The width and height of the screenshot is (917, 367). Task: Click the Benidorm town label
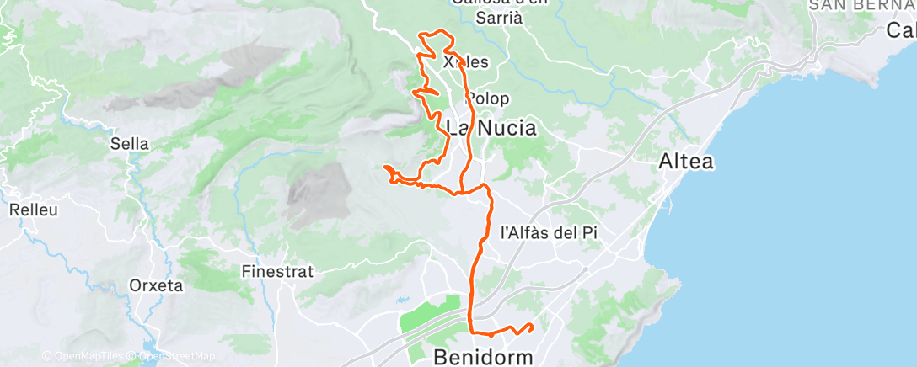coord(483,357)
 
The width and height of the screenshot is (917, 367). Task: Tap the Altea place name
coord(687,162)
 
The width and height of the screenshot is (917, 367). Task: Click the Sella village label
coord(130,144)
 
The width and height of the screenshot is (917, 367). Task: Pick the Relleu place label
coord(35,210)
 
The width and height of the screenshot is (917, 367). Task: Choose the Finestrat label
coord(277,272)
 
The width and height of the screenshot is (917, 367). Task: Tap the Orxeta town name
coord(156,285)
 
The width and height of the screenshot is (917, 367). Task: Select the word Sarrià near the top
coord(499,18)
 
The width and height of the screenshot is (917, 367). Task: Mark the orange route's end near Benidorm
coord(532,326)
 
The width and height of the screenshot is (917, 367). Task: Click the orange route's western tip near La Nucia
coord(385,168)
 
